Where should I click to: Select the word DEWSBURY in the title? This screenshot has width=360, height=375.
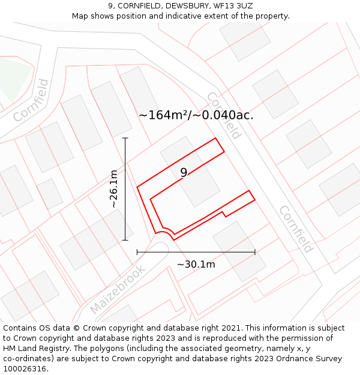(x=181, y=6)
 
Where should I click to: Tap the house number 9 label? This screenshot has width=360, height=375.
(x=184, y=172)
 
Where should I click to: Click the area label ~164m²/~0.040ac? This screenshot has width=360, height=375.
(x=196, y=115)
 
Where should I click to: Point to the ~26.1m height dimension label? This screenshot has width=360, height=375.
(x=113, y=188)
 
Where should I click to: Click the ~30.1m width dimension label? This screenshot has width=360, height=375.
(x=196, y=264)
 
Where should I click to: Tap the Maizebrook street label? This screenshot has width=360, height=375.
(x=118, y=290)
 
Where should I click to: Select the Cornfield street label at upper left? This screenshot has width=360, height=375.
(x=31, y=100)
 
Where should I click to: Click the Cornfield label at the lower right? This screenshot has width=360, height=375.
(x=296, y=229)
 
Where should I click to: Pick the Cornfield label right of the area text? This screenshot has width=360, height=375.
(x=224, y=115)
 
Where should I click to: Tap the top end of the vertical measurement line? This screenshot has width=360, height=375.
(x=125, y=138)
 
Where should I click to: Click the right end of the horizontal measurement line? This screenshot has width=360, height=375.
(x=255, y=252)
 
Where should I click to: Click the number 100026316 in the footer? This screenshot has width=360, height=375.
(x=25, y=369)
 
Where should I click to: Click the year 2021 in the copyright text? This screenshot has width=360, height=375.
(x=232, y=328)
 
